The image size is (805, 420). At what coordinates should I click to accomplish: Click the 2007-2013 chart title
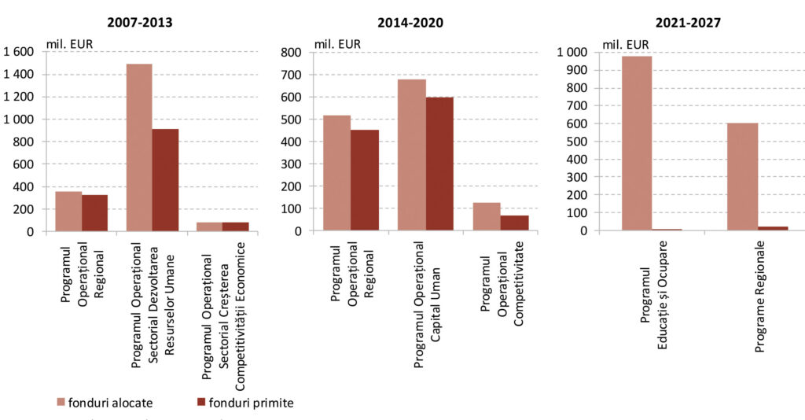point(141,22)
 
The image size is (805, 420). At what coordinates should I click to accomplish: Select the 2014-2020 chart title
point(410,23)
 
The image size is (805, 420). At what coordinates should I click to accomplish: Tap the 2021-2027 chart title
point(680,23)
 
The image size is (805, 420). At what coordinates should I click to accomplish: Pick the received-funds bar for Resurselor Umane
point(165,180)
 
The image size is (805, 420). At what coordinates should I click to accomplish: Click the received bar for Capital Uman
point(439,164)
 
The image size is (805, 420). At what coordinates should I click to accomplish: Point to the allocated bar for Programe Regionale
point(742,177)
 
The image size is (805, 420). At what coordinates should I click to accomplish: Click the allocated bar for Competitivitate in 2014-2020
point(487,217)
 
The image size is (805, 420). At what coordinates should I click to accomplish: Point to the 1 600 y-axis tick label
point(19,52)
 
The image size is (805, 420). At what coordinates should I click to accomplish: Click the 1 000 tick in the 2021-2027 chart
point(572,52)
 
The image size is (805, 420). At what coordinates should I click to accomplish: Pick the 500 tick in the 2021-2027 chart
point(577,142)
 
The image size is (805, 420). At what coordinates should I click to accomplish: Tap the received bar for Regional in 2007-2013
point(95,213)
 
